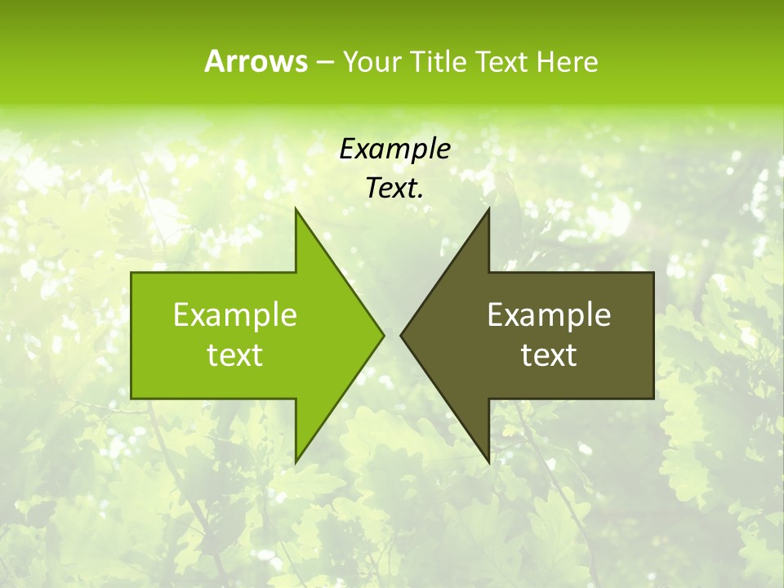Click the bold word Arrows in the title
pos(256,61)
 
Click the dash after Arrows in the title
pos(323,62)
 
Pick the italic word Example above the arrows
pos(395,149)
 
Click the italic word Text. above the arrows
pos(395,188)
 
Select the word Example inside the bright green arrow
pos(235,314)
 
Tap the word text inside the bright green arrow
pos(235,354)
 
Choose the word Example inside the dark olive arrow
pos(549,314)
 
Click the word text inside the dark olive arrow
pos(549,354)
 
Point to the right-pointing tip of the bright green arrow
pos(382,335)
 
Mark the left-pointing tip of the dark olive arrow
pos(402,335)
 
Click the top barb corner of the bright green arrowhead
pos(296,210)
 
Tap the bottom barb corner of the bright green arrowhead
pos(296,461)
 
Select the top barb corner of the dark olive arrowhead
pos(488,210)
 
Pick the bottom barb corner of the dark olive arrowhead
pos(488,461)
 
